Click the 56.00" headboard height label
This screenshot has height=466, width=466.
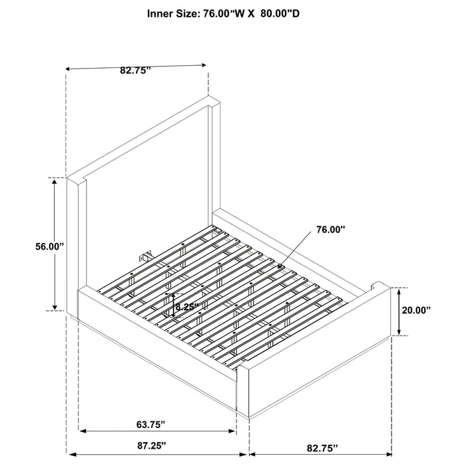click(x=50, y=247)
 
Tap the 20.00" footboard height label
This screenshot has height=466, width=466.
click(x=416, y=310)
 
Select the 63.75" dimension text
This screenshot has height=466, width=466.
click(x=150, y=425)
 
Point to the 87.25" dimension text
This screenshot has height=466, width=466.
click(x=152, y=445)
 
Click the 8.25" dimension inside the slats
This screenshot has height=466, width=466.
click(x=186, y=307)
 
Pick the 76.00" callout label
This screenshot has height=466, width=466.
click(x=331, y=230)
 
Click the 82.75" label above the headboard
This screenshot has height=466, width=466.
click(x=136, y=71)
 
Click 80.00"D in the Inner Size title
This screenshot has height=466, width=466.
click(x=280, y=14)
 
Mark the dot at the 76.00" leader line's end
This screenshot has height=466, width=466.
click(x=279, y=266)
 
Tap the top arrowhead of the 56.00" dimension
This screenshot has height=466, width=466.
click(x=55, y=181)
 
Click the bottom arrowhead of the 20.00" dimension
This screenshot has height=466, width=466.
click(x=399, y=332)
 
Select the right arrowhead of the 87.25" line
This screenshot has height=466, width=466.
click(x=243, y=455)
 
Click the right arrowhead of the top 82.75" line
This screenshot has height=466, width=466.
click(x=202, y=65)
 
